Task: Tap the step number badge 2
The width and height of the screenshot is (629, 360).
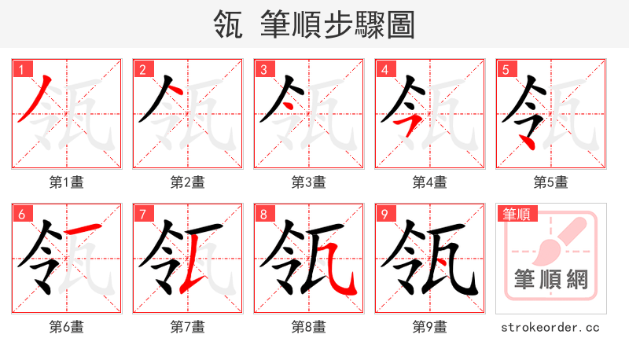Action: tap(142, 70)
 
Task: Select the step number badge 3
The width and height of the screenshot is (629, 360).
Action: tap(263, 70)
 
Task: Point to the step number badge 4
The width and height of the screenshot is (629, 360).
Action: tap(384, 70)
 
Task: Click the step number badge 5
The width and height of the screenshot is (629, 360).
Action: tap(506, 70)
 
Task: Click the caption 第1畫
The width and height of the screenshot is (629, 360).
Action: tap(67, 182)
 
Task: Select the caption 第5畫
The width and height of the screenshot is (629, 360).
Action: tap(550, 182)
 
